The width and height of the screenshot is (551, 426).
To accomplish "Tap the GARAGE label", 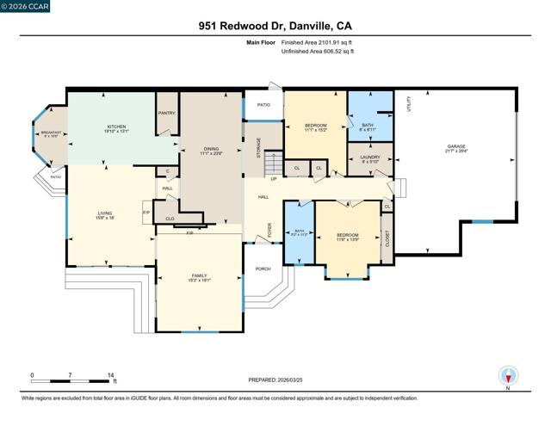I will (x=456, y=148).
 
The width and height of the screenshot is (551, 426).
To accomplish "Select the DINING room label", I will (x=211, y=151).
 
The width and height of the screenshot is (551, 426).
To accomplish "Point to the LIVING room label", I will (x=105, y=213).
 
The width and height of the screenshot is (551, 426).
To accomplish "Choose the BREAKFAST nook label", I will (x=49, y=133).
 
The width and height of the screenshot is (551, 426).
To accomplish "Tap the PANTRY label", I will (x=166, y=113).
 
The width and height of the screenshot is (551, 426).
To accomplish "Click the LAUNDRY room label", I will (x=370, y=158).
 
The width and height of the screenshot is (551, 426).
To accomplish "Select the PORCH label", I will (x=263, y=269).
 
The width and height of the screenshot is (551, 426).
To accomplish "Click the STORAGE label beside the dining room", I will (x=258, y=147).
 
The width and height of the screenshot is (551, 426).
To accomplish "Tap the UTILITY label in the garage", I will (x=411, y=104).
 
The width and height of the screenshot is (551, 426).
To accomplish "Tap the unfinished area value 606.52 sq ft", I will (x=318, y=52).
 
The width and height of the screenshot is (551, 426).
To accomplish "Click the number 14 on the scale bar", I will (x=111, y=375).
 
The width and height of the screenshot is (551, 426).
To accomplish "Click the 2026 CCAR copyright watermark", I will (x=25, y=6).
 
